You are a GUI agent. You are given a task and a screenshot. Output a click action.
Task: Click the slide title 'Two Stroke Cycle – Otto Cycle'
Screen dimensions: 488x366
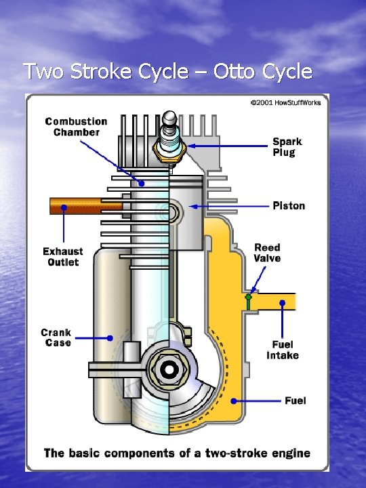click(167, 71)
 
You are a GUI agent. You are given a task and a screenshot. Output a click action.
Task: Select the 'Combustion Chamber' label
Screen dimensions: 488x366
click(76, 127)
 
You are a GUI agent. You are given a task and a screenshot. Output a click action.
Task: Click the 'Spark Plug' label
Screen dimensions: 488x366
click(287, 146)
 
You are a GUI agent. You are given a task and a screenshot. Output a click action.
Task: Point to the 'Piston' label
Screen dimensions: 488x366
click(289, 205)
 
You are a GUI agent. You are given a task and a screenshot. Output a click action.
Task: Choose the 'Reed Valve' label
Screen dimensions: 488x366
click(267, 253)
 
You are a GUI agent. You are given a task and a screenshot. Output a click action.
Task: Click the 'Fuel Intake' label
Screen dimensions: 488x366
click(282, 350)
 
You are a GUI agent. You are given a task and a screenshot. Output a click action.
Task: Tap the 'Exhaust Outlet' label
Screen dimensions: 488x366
click(63, 257)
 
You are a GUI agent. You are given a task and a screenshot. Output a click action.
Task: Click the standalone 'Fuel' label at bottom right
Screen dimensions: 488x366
click(295, 401)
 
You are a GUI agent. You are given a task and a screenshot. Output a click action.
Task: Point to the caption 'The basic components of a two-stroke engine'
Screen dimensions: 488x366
click(177, 453)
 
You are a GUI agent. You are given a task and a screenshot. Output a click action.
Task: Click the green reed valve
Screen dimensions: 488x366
click(249, 301)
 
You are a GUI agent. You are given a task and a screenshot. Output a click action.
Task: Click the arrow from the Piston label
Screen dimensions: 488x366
click(230, 205)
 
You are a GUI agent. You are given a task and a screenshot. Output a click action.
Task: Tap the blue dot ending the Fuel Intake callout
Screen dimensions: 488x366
click(283, 302)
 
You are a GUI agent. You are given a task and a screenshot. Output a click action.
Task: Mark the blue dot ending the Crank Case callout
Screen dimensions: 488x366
click(110, 337)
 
